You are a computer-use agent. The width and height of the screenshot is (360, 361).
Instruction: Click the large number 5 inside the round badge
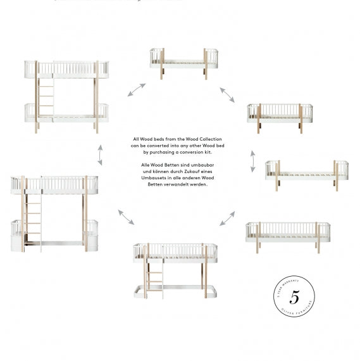point(294,297)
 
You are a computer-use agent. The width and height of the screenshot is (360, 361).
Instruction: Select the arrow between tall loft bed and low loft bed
point(125,217)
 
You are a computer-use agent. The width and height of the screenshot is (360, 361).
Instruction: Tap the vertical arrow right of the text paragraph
point(253,161)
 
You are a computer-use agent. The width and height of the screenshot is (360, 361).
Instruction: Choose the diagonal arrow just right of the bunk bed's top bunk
point(136,89)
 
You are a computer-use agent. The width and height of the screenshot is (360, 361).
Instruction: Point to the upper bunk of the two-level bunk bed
point(66,70)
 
